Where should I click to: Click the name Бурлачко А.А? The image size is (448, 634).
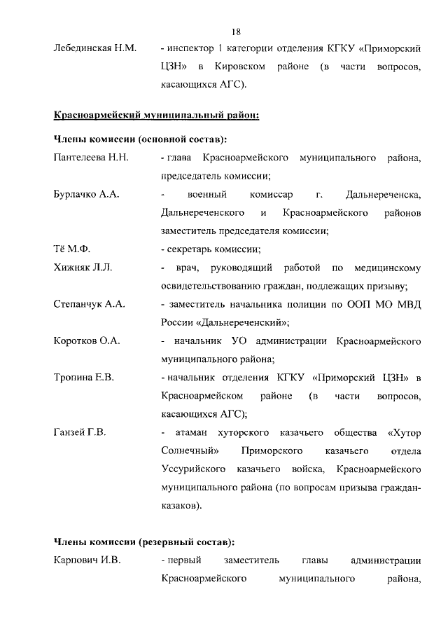[86, 194]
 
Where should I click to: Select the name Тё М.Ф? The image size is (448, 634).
[73, 249]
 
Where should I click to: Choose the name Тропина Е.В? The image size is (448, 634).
[84, 378]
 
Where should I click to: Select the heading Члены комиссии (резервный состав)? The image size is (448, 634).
[143, 542]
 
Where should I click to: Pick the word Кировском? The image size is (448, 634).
[244, 68]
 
